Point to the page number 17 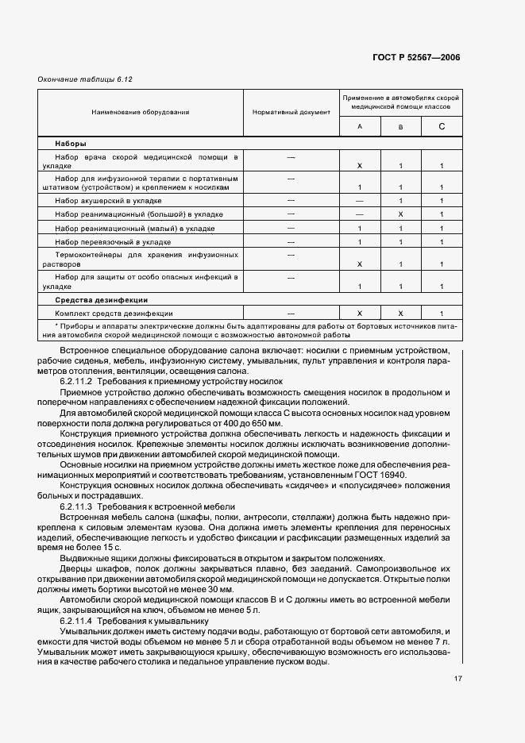tap(458, 679)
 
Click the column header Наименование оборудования tap(140, 112)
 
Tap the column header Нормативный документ tap(291, 112)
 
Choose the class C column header tap(442, 127)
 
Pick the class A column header tap(360, 127)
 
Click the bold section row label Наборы tap(71, 144)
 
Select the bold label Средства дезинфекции tap(101, 300)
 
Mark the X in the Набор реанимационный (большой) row tap(401, 214)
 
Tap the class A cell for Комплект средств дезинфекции tap(360, 314)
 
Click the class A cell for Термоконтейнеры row tap(360, 264)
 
